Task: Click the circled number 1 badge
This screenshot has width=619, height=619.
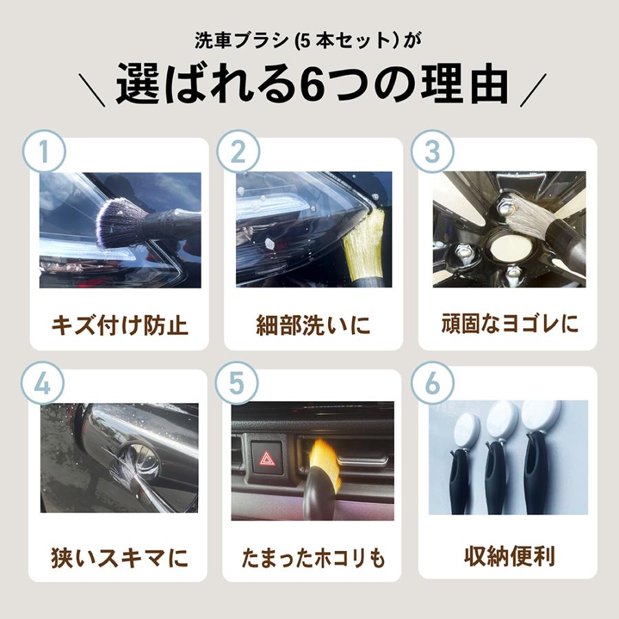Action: [44, 151]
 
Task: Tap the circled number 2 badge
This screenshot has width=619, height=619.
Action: [238, 151]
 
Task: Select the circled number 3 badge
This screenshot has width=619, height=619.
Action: [433, 151]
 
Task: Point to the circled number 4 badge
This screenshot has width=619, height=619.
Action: [43, 383]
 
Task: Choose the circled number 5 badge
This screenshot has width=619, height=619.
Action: [237, 383]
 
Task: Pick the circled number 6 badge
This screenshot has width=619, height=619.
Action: [433, 383]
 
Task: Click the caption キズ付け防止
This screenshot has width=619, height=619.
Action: [120, 325]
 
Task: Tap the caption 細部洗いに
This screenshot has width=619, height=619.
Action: [314, 325]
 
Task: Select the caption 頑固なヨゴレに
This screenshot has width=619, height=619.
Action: [510, 324]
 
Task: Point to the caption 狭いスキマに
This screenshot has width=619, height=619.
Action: [120, 557]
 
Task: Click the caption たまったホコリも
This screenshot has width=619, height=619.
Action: [313, 558]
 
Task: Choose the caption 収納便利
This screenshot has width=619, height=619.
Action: [510, 556]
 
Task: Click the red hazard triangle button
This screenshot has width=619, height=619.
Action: [267, 458]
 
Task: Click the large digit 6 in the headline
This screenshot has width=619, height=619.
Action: [314, 85]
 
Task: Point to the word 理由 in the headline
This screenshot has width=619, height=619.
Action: [465, 84]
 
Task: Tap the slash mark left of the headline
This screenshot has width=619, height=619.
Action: [92, 89]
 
